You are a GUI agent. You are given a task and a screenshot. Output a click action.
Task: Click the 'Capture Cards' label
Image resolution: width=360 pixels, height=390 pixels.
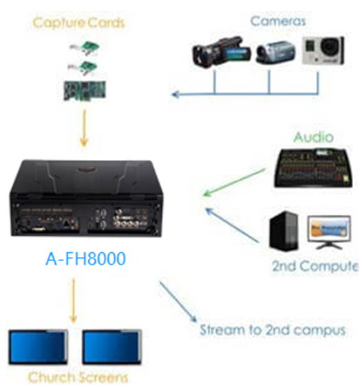click(78, 23)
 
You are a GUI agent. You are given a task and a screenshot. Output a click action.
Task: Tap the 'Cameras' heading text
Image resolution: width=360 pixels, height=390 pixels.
click(278, 21)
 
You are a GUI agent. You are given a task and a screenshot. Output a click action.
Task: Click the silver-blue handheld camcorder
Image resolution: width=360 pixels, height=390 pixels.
click(276, 52)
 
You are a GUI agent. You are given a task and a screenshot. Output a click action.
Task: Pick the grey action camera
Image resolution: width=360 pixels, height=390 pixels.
click(323, 50)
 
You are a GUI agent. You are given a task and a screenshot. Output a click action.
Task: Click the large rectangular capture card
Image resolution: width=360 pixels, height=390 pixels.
click(85, 90)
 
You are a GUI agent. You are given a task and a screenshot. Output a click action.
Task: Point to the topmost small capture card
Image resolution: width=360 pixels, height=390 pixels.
click(85, 48)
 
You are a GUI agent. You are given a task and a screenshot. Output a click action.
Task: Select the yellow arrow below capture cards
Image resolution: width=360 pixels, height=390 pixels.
click(84, 128)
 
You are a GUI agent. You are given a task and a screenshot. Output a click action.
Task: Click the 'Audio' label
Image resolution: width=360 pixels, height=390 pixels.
click(314, 137)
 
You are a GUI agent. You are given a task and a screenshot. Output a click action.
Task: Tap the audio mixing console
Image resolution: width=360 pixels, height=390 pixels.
click(313, 168)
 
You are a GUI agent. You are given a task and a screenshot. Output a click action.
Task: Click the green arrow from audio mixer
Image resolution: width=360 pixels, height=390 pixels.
click(233, 183)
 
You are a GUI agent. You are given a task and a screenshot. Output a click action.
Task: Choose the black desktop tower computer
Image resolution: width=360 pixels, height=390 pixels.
click(284, 231)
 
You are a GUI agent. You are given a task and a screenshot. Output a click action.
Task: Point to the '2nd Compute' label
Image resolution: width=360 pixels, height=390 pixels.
click(315, 266)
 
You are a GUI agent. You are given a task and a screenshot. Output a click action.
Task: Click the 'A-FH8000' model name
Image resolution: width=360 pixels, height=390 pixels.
click(86, 258)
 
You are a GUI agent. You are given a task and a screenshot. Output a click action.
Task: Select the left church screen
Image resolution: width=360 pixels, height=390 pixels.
click(38, 347)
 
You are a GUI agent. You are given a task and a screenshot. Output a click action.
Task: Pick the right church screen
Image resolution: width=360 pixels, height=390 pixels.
click(112, 347)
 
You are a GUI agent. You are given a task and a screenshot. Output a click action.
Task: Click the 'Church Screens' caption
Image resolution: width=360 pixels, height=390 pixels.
click(78, 378)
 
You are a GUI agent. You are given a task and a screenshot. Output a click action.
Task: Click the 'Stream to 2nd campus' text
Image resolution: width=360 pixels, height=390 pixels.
click(273, 330)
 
